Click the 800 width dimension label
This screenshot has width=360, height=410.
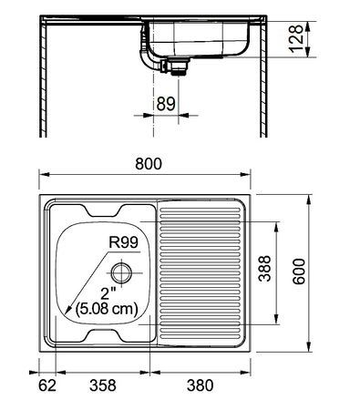[x=149, y=164]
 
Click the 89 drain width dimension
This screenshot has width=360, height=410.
[x=165, y=103]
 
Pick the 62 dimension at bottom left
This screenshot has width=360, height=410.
[x=46, y=385]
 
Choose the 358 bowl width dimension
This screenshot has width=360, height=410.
[x=102, y=385]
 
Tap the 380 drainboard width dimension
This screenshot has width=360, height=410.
[x=201, y=385]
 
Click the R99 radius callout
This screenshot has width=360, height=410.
[x=123, y=242]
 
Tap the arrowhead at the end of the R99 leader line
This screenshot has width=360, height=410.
[x=58, y=315]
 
